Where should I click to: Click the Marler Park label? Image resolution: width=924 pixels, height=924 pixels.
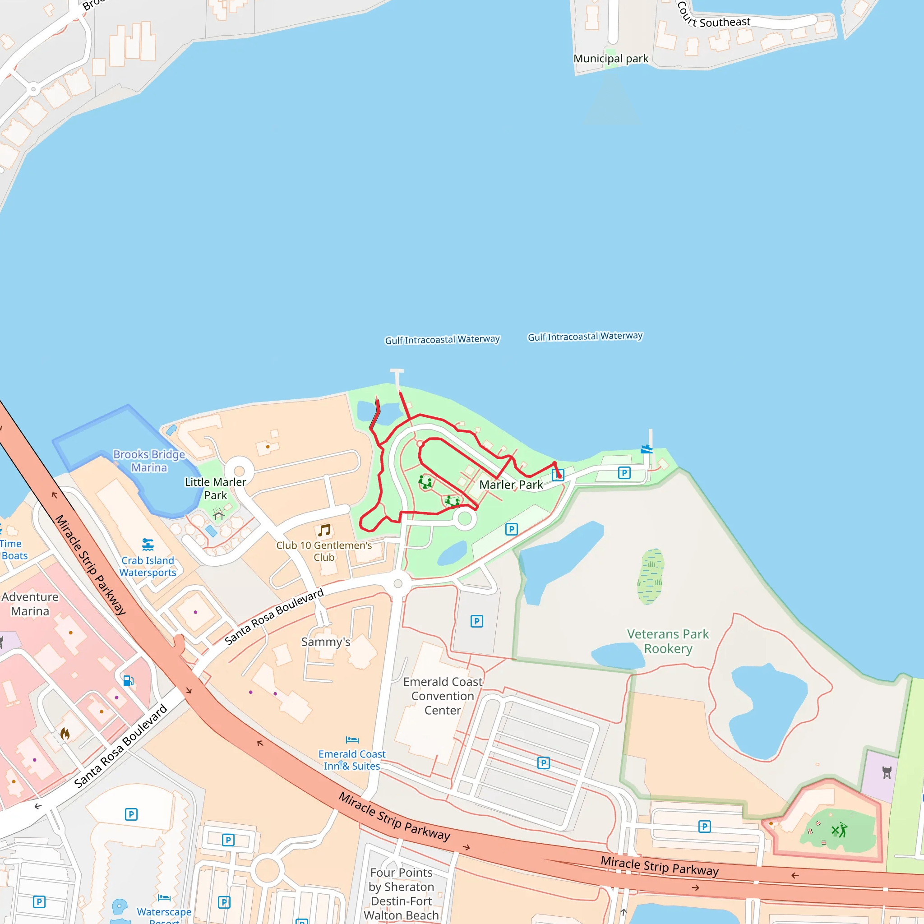(x=511, y=485)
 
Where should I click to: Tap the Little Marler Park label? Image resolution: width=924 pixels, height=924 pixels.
(x=215, y=488)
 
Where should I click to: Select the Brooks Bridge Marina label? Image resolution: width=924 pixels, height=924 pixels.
(x=149, y=461)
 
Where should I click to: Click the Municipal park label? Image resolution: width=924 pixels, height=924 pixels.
(x=611, y=58)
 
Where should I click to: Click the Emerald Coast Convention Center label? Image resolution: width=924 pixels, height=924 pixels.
(x=443, y=696)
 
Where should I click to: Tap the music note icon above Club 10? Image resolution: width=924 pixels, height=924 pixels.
(x=324, y=530)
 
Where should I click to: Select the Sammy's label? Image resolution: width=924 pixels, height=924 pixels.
(x=326, y=642)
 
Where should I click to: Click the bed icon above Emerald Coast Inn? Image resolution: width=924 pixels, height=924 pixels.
(x=352, y=740)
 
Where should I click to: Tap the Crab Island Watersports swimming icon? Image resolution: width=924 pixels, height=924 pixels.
(x=148, y=544)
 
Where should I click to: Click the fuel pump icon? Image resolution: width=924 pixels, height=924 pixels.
(x=128, y=680)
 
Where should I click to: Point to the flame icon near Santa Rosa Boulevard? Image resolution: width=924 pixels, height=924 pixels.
(x=65, y=733)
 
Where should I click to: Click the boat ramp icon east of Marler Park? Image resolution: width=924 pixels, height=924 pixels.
(x=647, y=448)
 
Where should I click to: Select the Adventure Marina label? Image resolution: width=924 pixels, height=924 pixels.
(x=30, y=604)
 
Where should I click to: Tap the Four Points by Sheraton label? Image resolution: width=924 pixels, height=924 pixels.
(x=401, y=893)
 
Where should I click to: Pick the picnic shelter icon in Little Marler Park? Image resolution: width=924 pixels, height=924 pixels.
(x=218, y=515)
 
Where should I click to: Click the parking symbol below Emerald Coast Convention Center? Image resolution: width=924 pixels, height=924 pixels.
(x=543, y=763)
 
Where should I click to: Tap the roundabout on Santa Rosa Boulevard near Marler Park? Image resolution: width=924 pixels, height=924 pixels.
(x=398, y=583)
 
